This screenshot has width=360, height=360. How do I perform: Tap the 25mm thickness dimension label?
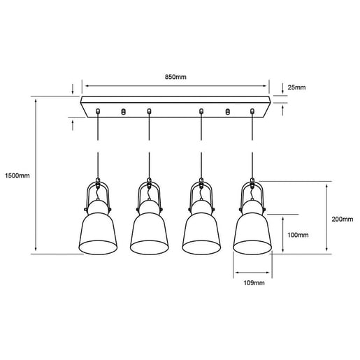[297, 87]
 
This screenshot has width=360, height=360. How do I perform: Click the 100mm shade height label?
[298, 235]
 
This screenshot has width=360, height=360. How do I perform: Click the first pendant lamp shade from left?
[97, 232]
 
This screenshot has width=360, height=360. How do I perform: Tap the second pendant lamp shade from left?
[148, 232]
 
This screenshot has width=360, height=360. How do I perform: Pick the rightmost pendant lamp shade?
[252, 232]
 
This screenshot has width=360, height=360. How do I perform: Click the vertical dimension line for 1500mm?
[35, 175]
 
